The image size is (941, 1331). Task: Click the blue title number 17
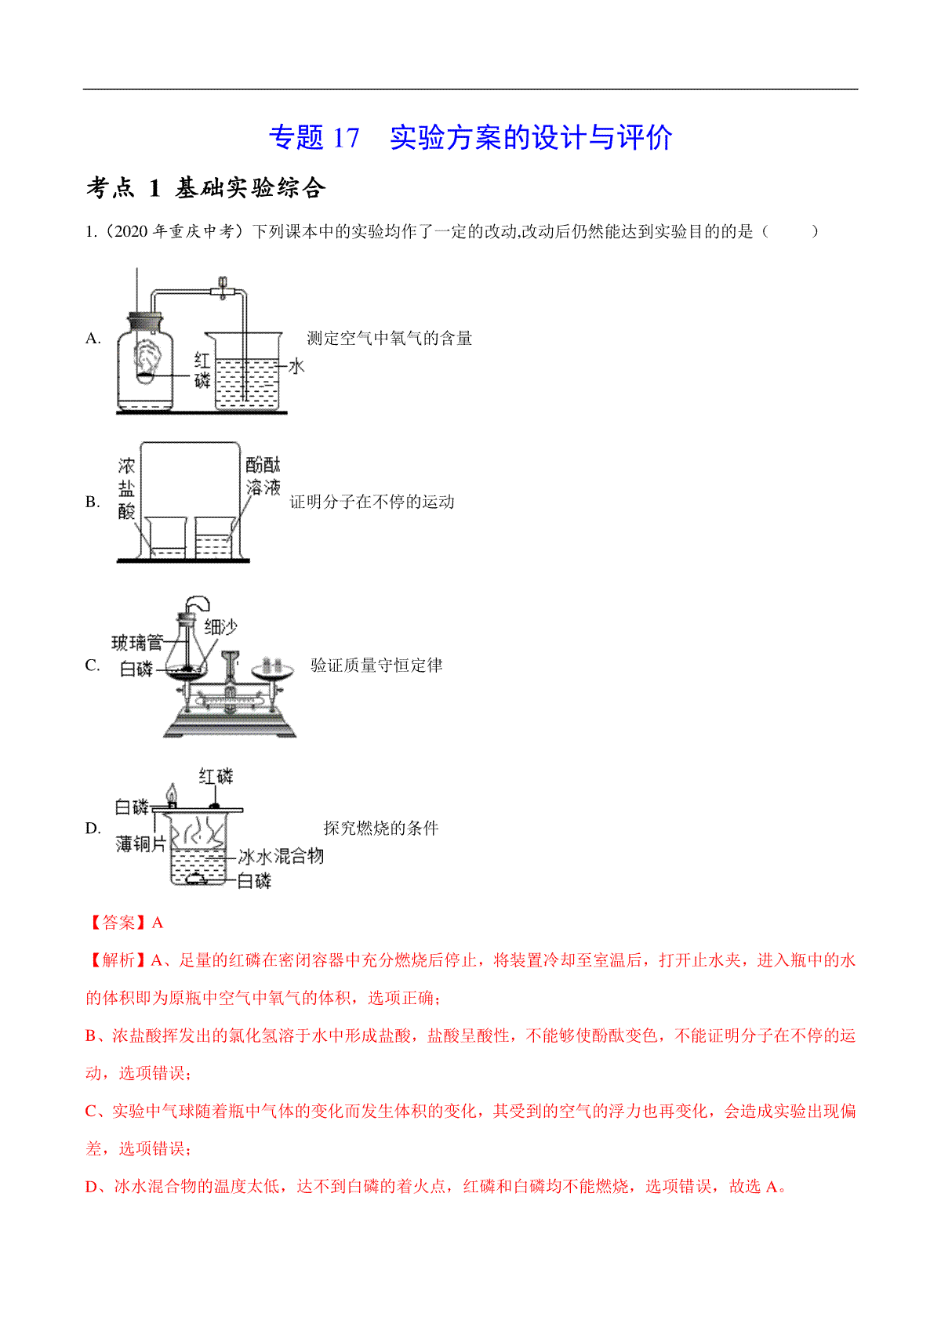click(x=346, y=138)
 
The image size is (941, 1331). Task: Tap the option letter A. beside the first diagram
click(x=93, y=338)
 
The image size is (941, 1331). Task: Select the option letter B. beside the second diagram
click(x=93, y=502)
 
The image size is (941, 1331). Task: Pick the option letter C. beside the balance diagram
click(x=93, y=665)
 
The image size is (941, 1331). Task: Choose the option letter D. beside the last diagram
click(x=93, y=828)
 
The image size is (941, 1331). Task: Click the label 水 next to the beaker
click(x=296, y=366)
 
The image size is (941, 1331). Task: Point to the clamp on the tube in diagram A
click(x=223, y=288)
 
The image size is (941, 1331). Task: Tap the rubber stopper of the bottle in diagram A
click(x=144, y=321)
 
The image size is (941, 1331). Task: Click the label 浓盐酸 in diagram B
click(x=126, y=488)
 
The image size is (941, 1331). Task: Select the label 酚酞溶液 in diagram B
click(x=263, y=475)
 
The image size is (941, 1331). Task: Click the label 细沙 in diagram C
click(x=220, y=626)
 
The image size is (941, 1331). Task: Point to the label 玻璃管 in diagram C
click(x=137, y=642)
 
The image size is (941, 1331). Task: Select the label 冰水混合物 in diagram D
click(x=281, y=856)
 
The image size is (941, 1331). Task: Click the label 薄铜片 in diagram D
click(x=141, y=843)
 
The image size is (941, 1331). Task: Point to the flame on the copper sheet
click(x=172, y=794)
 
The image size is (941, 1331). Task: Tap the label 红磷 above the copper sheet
click(x=216, y=776)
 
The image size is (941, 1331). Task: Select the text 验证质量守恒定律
click(x=376, y=665)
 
